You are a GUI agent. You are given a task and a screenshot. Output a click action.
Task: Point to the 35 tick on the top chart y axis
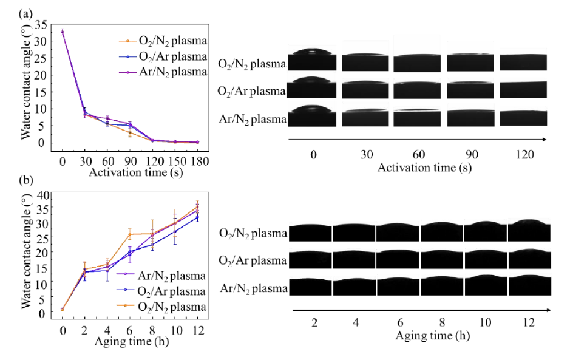click(41, 25)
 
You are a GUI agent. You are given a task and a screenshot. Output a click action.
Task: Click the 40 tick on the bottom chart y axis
click(41, 195)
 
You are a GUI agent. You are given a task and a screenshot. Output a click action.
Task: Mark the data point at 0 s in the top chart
click(63, 32)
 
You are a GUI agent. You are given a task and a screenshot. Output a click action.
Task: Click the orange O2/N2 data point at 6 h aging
click(129, 234)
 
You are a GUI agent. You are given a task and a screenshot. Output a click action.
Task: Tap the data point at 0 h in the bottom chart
click(63, 309)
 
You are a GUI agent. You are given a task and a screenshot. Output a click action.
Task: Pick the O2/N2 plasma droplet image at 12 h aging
click(530, 231)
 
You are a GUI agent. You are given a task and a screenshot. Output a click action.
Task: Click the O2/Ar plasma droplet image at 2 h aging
click(310, 260)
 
